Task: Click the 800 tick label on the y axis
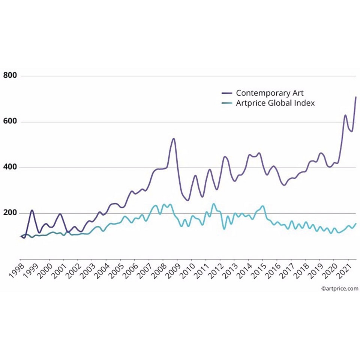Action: coord(10,76)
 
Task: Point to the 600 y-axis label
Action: coord(10,122)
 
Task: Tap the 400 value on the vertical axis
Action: coord(10,167)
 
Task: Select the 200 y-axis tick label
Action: coord(10,213)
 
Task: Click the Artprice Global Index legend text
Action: coord(275,103)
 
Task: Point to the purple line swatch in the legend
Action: coord(226,93)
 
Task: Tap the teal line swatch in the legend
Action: coord(226,103)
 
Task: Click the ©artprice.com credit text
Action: coord(339,288)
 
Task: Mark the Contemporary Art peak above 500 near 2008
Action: coord(174,139)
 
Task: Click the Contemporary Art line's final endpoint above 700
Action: coord(355,97)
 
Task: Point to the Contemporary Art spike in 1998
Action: coord(32,210)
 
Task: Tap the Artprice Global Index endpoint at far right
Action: coord(355,223)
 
